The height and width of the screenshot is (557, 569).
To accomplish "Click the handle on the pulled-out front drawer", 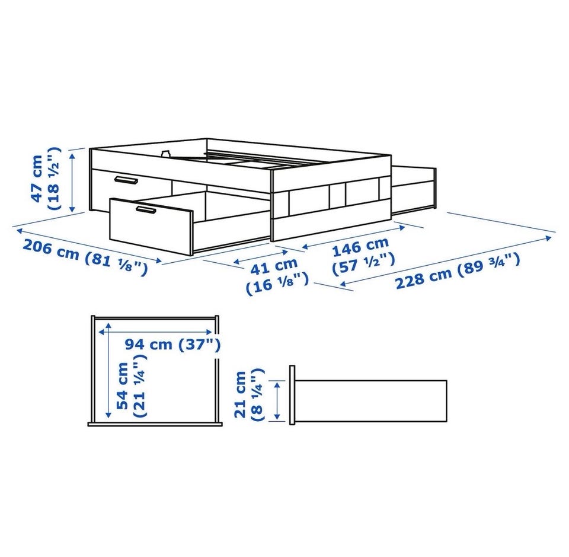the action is click(145, 210).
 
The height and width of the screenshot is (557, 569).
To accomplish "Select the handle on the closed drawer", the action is click(125, 180).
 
